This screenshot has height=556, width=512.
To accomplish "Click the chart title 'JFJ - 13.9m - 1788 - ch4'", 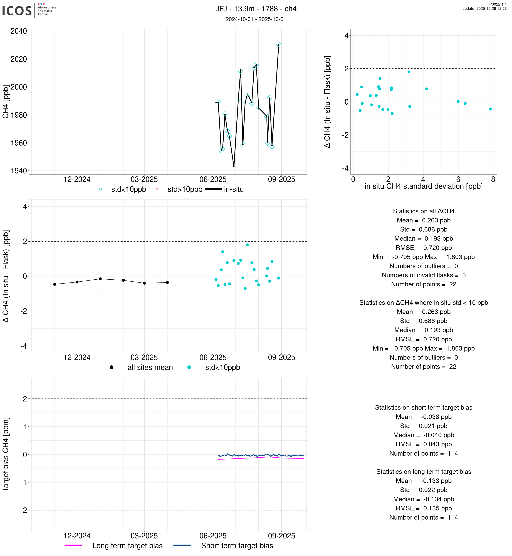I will (256, 9).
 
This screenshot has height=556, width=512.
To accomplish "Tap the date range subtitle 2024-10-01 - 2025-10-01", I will (256, 19).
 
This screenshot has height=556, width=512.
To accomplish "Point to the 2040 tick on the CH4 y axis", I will (19, 31).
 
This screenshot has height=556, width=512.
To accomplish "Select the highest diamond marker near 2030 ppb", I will (279, 44).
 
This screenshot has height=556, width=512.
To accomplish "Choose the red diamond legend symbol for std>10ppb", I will (157, 189).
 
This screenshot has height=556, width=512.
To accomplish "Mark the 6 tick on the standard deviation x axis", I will (458, 180).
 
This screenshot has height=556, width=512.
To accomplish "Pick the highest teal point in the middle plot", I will (247, 245).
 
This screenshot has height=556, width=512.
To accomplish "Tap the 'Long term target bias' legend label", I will (127, 546).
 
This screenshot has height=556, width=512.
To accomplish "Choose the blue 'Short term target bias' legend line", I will (182, 545).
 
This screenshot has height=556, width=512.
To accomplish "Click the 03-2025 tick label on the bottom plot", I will (144, 536).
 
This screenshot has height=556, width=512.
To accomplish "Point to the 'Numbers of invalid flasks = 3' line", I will (424, 275).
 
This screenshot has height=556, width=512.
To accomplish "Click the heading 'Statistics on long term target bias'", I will (424, 472).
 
